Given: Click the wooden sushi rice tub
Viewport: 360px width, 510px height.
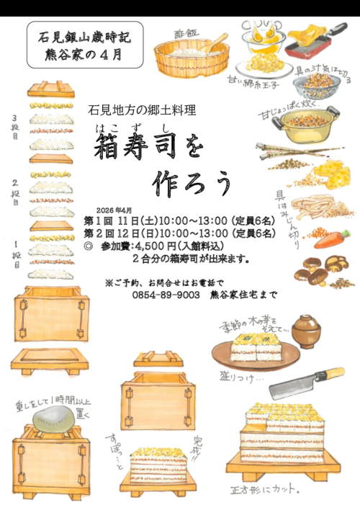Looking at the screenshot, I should point(189,57).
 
